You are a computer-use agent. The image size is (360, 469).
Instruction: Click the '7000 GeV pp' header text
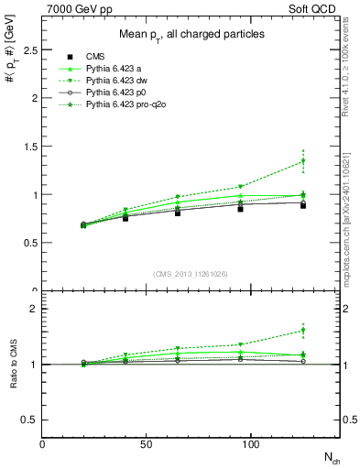click(x=73, y=8)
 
